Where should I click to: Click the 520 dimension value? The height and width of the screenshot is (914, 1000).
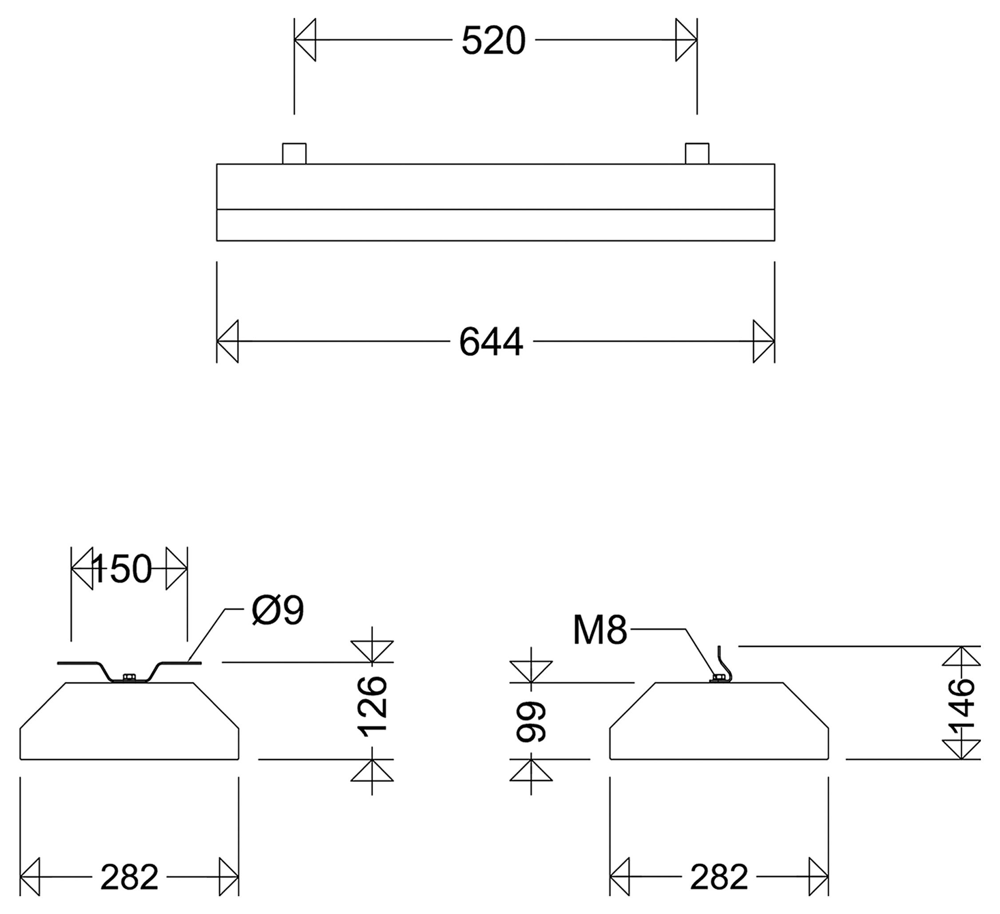pos(493,41)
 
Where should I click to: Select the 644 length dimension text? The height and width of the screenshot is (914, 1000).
pos(491,342)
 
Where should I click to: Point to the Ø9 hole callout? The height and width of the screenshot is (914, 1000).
pos(278,611)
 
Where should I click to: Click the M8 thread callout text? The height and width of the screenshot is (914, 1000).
pos(600,630)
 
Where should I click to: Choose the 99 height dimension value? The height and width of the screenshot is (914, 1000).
pos(531,722)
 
